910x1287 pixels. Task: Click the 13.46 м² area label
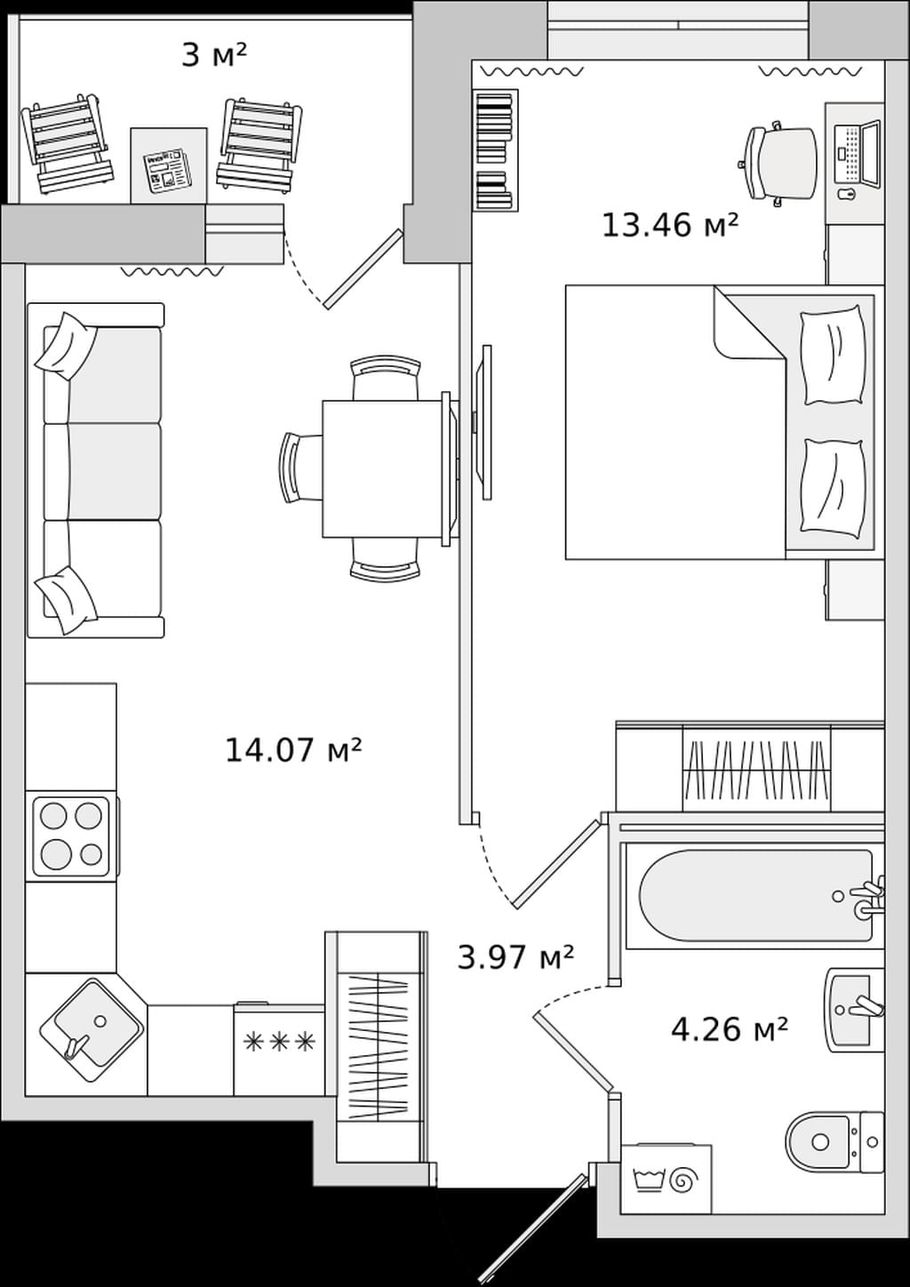pos(669,225)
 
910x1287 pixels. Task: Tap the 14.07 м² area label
pos(293,750)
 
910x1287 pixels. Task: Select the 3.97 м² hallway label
pos(515,958)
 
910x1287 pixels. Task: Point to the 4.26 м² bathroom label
pos(729,1029)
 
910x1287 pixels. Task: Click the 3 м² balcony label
pos(213,56)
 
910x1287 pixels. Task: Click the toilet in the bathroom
pos(834,1142)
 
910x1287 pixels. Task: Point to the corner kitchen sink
pos(92,1030)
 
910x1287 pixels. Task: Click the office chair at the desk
pos(778,164)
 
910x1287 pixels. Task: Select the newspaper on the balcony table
pos(166,170)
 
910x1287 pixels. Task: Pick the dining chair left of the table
pos(301,468)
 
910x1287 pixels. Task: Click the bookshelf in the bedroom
pos(495,150)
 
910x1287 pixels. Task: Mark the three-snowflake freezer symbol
pos(279,1041)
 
